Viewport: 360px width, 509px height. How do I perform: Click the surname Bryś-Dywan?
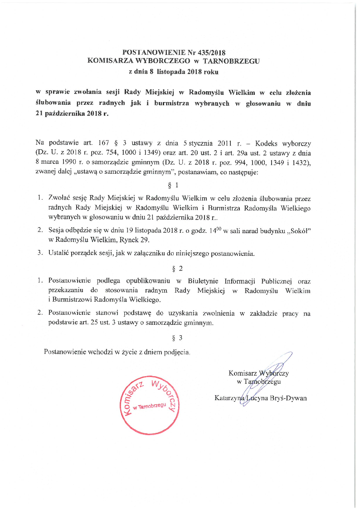click(x=288, y=398)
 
